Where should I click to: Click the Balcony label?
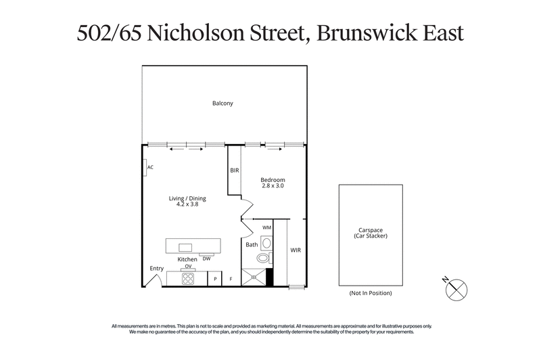click(222, 104)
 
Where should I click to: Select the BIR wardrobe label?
click(235, 171)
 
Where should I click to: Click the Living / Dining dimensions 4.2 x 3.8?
click(187, 204)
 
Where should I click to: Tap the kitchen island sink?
click(185, 247)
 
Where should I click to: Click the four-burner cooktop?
click(187, 278)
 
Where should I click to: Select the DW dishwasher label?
click(207, 258)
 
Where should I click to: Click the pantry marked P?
click(215, 279)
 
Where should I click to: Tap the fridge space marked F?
click(231, 279)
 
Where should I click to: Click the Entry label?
click(156, 269)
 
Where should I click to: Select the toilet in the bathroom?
click(263, 258)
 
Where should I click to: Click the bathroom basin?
click(266, 242)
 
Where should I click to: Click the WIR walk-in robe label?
click(296, 250)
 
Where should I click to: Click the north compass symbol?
click(458, 288)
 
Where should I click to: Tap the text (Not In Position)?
click(371, 293)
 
